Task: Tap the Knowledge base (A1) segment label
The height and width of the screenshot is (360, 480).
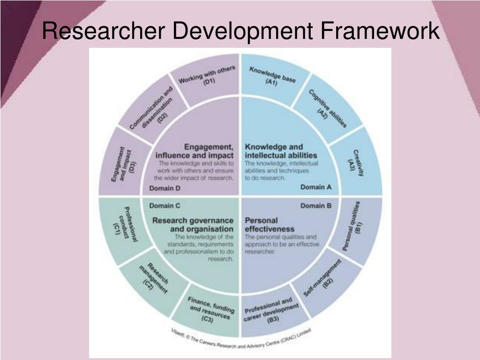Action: tap(272, 76)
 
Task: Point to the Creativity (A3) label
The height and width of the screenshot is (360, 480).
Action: tap(357, 163)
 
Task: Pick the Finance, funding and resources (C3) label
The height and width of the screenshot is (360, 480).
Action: tap(209, 310)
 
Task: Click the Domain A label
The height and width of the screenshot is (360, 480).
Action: tap(316, 187)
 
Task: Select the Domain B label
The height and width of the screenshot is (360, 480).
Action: tap(316, 205)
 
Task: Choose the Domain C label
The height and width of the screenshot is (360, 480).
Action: tap(165, 205)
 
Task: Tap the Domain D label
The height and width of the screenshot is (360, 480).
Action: tap(165, 188)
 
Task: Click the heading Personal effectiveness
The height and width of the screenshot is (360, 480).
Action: tap(270, 225)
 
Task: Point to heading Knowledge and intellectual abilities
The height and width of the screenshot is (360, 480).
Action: tap(281, 151)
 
